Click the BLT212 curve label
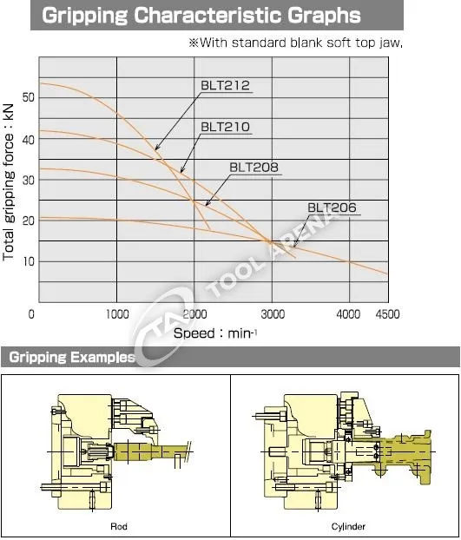(x=225, y=85)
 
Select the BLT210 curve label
(x=225, y=127)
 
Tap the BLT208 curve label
(x=254, y=167)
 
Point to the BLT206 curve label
(x=332, y=207)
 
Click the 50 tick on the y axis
(x=29, y=97)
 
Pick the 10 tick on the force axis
(x=29, y=261)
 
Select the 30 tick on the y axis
(x=29, y=180)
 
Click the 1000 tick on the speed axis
(x=117, y=314)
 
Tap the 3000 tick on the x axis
(x=273, y=314)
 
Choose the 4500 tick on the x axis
(x=388, y=314)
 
